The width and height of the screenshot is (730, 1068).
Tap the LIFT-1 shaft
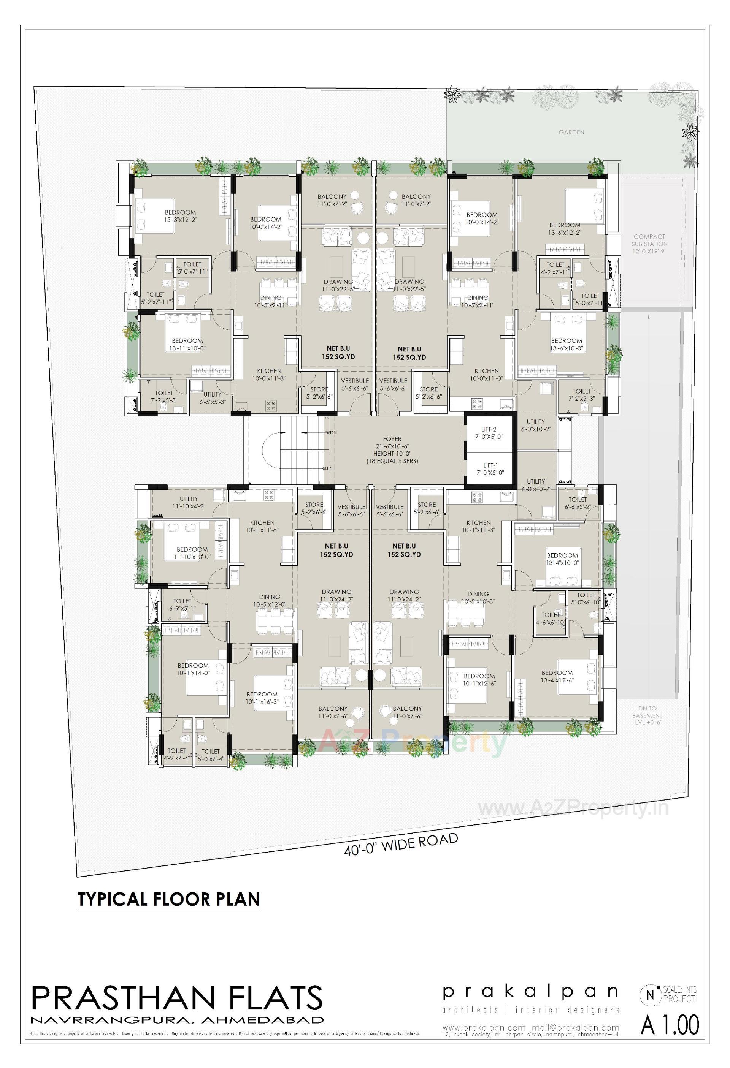tap(490, 469)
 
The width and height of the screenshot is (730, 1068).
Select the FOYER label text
tap(392, 439)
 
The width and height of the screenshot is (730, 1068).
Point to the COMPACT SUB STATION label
tap(649, 244)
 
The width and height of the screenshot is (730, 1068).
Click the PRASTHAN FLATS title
tap(177, 998)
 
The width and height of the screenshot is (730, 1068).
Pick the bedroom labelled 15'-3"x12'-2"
tap(180, 216)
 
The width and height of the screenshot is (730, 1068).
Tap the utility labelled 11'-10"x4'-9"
tap(189, 502)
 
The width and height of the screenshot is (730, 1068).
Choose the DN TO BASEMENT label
tap(647, 715)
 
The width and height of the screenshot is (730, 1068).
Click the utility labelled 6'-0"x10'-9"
tap(535, 425)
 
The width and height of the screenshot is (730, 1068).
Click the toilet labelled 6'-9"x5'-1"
tap(182, 604)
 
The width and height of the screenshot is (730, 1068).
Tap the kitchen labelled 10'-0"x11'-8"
tap(269, 375)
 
